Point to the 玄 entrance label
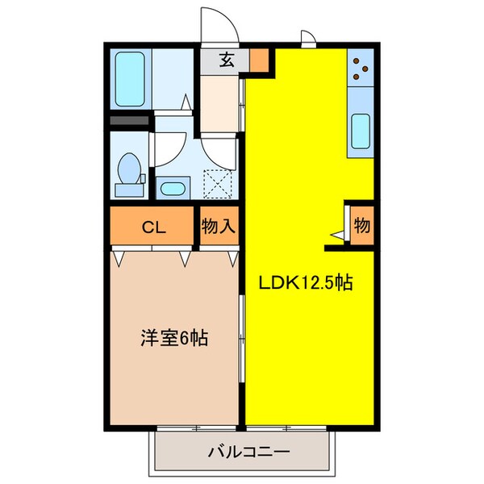227,60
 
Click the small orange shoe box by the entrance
258,60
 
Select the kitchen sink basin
361,129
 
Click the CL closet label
153,227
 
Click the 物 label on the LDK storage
361,226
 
